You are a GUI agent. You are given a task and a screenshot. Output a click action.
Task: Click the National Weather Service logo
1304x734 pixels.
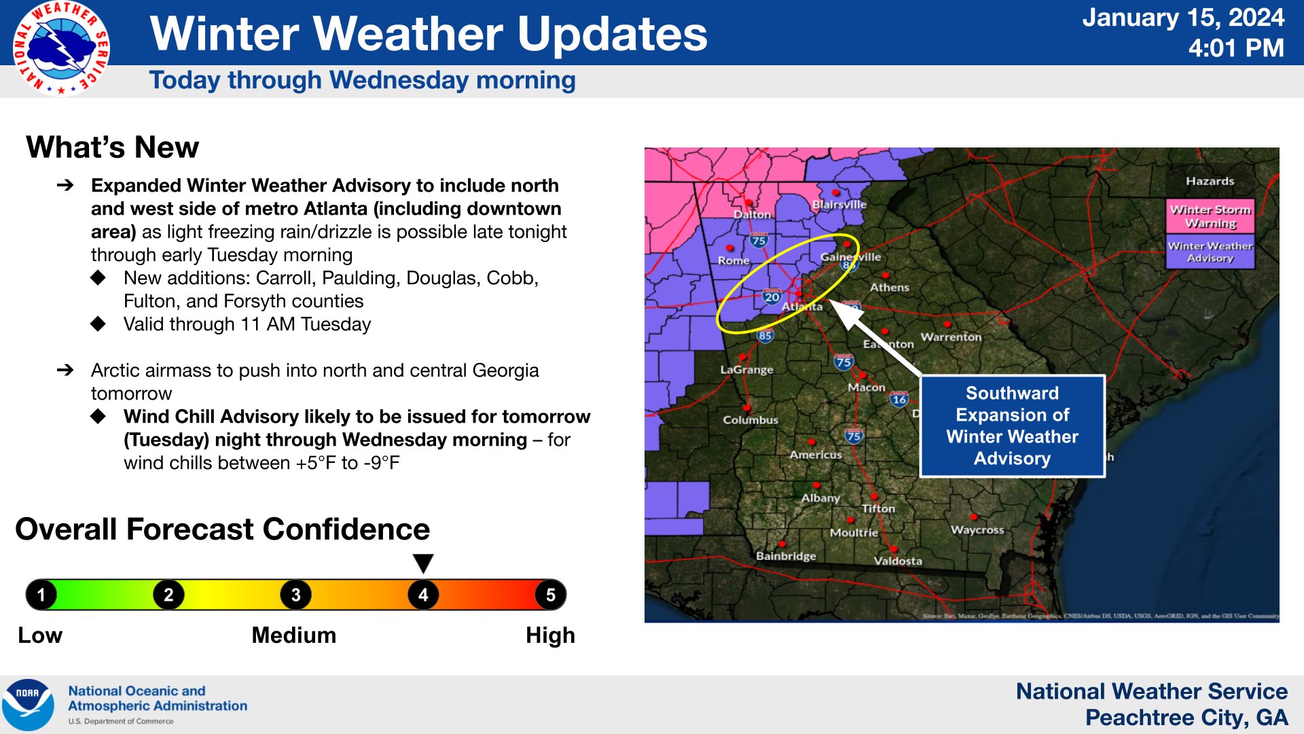(x=61, y=48)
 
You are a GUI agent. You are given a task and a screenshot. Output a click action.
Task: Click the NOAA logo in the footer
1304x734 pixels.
(x=28, y=704)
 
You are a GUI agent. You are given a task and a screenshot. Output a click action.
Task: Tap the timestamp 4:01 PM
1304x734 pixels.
(x=1235, y=48)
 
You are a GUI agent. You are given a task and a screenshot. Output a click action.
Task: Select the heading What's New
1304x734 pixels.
(x=113, y=147)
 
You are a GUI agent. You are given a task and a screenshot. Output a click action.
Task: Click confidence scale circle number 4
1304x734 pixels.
(x=423, y=595)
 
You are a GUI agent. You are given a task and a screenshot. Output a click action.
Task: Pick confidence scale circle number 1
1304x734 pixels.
(x=41, y=595)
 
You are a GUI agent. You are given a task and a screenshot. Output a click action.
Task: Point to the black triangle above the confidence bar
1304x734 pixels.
(x=423, y=563)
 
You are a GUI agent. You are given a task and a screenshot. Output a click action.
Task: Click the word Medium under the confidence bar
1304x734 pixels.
(x=293, y=635)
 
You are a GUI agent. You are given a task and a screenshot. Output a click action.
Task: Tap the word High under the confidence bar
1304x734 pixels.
(x=550, y=635)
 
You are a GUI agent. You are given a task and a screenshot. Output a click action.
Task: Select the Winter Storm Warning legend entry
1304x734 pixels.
(x=1210, y=216)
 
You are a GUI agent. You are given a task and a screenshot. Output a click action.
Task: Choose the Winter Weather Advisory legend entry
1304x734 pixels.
(x=1210, y=252)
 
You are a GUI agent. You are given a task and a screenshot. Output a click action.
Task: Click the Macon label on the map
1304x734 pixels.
(x=866, y=387)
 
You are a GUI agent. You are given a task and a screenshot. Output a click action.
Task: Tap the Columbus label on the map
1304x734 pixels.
(x=750, y=420)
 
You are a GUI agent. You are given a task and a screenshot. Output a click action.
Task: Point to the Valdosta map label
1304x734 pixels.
(x=897, y=561)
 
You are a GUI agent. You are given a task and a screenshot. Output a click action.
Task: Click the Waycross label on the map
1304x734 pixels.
(x=977, y=529)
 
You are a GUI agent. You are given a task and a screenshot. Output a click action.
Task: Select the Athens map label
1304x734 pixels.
(x=889, y=287)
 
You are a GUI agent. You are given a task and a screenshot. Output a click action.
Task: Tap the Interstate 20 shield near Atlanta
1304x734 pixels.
(x=772, y=296)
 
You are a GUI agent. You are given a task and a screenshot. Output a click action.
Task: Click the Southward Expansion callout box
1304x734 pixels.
(x=1012, y=426)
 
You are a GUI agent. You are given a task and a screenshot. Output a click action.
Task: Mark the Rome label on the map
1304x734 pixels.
(x=733, y=260)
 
